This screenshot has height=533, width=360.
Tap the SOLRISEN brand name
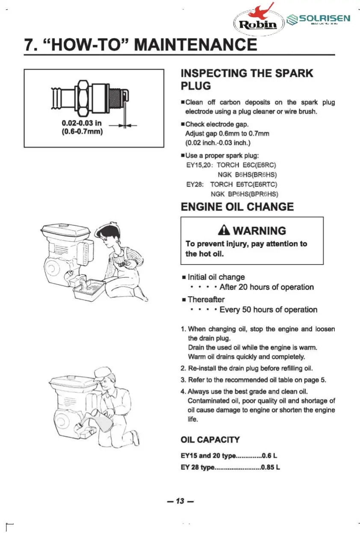[x=325, y=18]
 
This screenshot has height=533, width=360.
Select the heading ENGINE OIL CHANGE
[x=237, y=207]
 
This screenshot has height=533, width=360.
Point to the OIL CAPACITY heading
[x=210, y=440]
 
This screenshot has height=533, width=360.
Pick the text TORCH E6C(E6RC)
[x=247, y=165]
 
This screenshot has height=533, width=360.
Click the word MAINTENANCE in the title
[x=196, y=45]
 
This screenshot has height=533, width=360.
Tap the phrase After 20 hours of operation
[x=266, y=287]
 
